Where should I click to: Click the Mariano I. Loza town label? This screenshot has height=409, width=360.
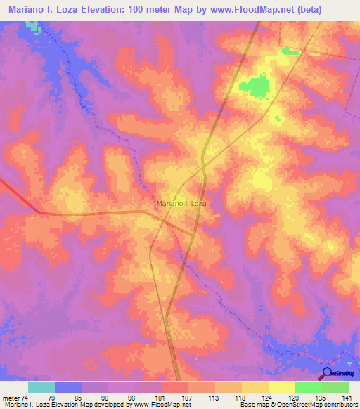point(181,203)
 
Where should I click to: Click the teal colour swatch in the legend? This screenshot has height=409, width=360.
point(41,387)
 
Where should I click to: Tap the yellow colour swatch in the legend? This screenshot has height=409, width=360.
point(281,387)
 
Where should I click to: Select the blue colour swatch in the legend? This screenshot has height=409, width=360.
point(67,387)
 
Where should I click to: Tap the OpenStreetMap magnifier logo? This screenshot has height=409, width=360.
point(326,373)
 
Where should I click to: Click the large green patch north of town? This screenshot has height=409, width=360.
point(255,87)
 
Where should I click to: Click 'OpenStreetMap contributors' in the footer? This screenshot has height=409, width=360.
point(319,405)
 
